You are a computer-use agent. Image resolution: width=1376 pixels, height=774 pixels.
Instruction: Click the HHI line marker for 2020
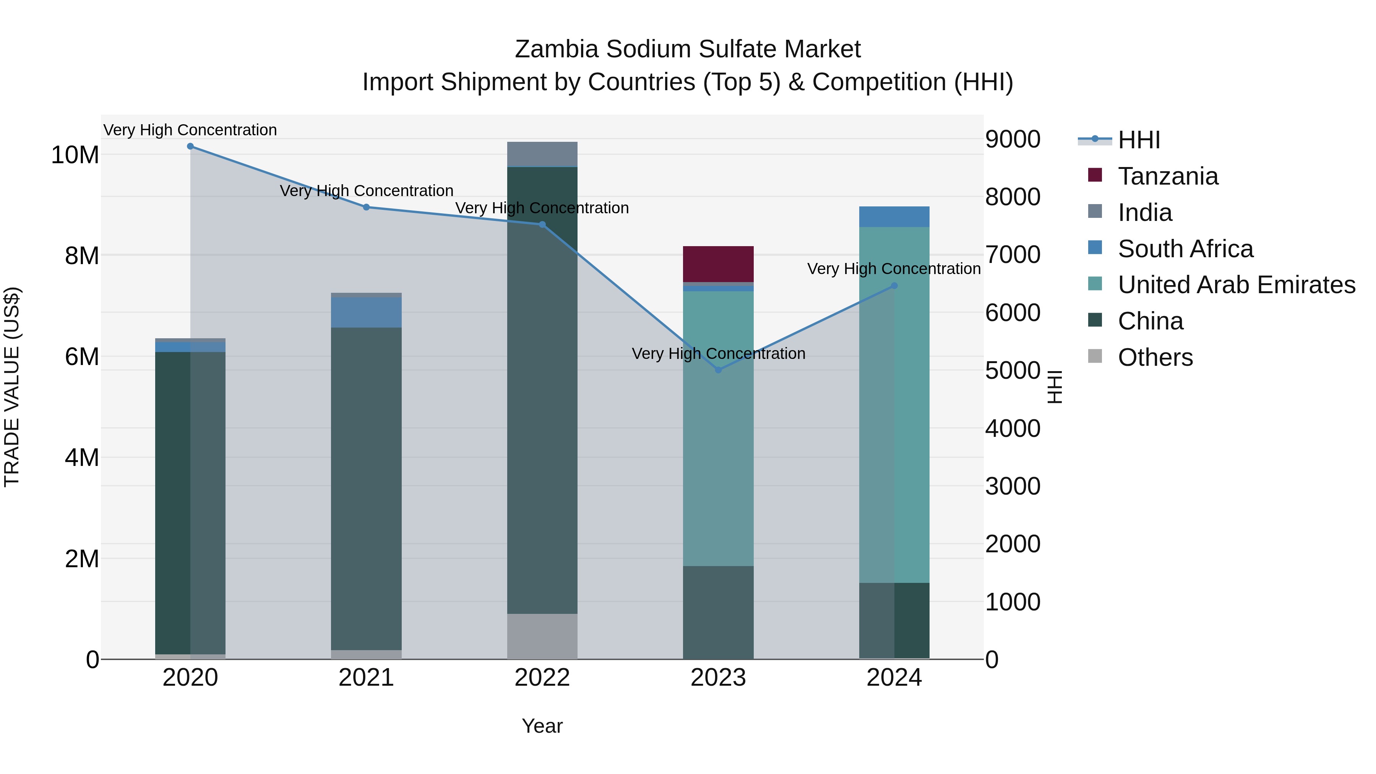click(x=190, y=146)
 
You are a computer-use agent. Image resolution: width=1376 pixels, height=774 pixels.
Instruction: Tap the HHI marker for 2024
click(x=894, y=286)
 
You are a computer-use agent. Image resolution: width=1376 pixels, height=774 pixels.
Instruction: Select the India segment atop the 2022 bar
click(x=542, y=154)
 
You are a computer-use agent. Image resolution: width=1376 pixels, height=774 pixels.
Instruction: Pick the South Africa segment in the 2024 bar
click(x=894, y=216)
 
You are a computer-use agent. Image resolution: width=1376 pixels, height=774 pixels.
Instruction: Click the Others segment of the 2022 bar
click(x=542, y=636)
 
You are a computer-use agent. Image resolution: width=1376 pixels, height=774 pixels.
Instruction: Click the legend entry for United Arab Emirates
click(x=1236, y=285)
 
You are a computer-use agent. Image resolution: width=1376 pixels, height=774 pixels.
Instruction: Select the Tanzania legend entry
click(x=1168, y=176)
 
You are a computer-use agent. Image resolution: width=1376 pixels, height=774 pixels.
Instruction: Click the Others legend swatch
click(x=1095, y=356)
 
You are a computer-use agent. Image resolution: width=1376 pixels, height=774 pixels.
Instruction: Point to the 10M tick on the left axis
click(x=75, y=155)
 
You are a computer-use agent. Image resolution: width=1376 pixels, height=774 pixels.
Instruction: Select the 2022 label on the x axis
click(x=542, y=678)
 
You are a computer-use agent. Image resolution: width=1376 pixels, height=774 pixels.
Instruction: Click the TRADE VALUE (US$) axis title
click(x=12, y=387)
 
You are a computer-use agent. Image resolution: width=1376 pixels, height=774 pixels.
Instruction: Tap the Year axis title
click(x=542, y=726)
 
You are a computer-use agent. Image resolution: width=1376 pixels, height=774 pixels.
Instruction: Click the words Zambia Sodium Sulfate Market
click(x=688, y=49)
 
